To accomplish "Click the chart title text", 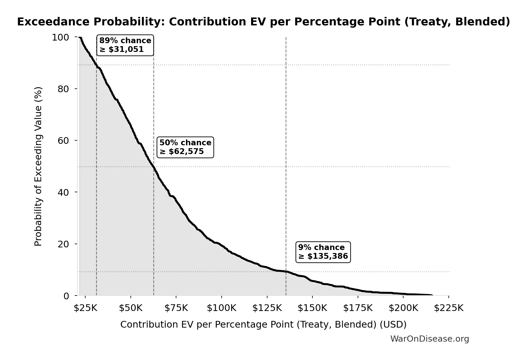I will [x=263, y=22].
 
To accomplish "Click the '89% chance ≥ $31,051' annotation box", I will [x=125, y=45].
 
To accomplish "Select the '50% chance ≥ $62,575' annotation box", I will [x=185, y=147].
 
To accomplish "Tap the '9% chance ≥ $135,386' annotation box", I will [x=323, y=252].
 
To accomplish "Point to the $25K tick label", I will [x=85, y=308].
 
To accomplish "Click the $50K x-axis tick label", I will [x=131, y=308].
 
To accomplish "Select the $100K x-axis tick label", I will [x=221, y=308].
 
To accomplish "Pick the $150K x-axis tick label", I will [x=312, y=308].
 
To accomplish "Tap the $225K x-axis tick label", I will [x=448, y=308].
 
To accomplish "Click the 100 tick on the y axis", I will [x=60, y=37].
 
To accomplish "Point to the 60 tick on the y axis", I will [x=63, y=141].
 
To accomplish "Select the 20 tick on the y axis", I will [x=63, y=244].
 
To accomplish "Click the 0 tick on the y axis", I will [x=66, y=296].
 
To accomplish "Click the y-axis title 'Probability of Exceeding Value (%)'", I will [x=38, y=166].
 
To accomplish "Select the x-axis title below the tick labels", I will [x=263, y=325].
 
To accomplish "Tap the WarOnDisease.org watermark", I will [x=429, y=339].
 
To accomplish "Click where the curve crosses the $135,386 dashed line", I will [x=286, y=272].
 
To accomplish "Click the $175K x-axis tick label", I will [x=358, y=308].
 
